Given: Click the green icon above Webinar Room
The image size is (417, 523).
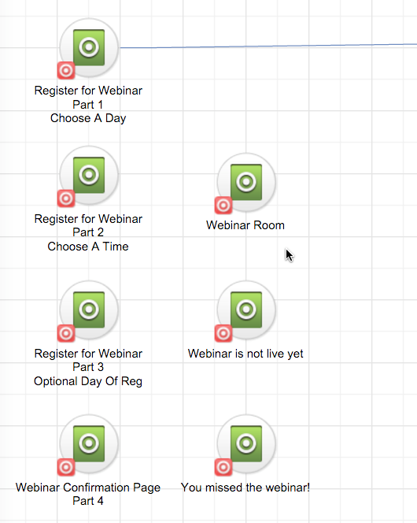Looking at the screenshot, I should [x=246, y=182].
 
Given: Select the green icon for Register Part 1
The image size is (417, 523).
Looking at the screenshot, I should [x=89, y=47].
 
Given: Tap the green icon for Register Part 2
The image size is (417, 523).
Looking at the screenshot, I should [x=89, y=175].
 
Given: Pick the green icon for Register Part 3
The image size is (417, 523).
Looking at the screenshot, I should [x=89, y=310].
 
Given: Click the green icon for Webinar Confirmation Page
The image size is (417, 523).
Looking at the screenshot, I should [x=89, y=443].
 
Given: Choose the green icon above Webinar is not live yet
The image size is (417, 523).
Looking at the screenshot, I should [x=246, y=310].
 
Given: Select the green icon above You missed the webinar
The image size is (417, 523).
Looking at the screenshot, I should [x=246, y=443].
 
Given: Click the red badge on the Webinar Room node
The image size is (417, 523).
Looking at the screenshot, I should [x=223, y=205].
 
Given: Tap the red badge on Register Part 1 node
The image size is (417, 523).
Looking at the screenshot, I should [x=66, y=70].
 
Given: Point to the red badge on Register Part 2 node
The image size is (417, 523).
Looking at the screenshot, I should [x=66, y=198].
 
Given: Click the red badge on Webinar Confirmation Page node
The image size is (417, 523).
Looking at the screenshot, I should [x=66, y=467].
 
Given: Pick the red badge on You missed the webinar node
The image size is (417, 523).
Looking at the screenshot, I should [x=223, y=467].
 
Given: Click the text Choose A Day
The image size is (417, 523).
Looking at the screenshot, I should [x=88, y=119].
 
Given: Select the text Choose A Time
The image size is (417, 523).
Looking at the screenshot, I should [x=88, y=247].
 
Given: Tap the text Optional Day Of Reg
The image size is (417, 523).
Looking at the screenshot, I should [x=88, y=381].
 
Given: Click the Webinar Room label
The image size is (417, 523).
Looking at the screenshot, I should [x=245, y=225].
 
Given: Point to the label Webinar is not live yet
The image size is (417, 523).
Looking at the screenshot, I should [x=245, y=354].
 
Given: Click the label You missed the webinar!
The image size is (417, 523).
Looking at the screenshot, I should [x=245, y=488].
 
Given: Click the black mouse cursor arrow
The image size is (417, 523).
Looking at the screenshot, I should [x=289, y=254].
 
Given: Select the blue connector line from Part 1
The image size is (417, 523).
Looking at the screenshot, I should [x=268, y=46].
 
